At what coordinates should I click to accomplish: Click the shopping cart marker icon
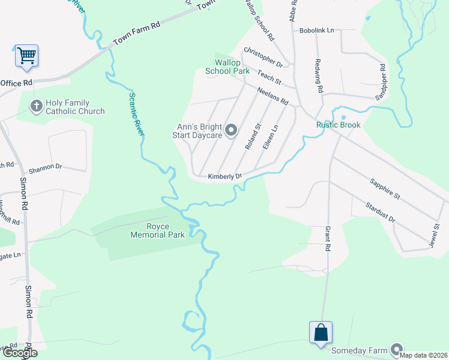(26, 56)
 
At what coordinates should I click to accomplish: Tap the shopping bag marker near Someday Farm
(321, 332)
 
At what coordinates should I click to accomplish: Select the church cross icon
(36, 106)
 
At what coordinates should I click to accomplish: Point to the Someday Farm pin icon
(396, 349)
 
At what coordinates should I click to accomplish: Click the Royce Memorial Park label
(158, 230)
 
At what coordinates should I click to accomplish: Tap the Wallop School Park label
(228, 67)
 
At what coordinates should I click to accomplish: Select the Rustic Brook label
(339, 125)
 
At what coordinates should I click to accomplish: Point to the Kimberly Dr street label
(224, 176)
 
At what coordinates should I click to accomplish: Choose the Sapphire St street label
(385, 188)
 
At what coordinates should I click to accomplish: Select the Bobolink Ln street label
(316, 31)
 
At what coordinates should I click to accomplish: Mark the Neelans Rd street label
(273, 95)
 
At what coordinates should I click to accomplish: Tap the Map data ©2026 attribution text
(422, 355)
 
